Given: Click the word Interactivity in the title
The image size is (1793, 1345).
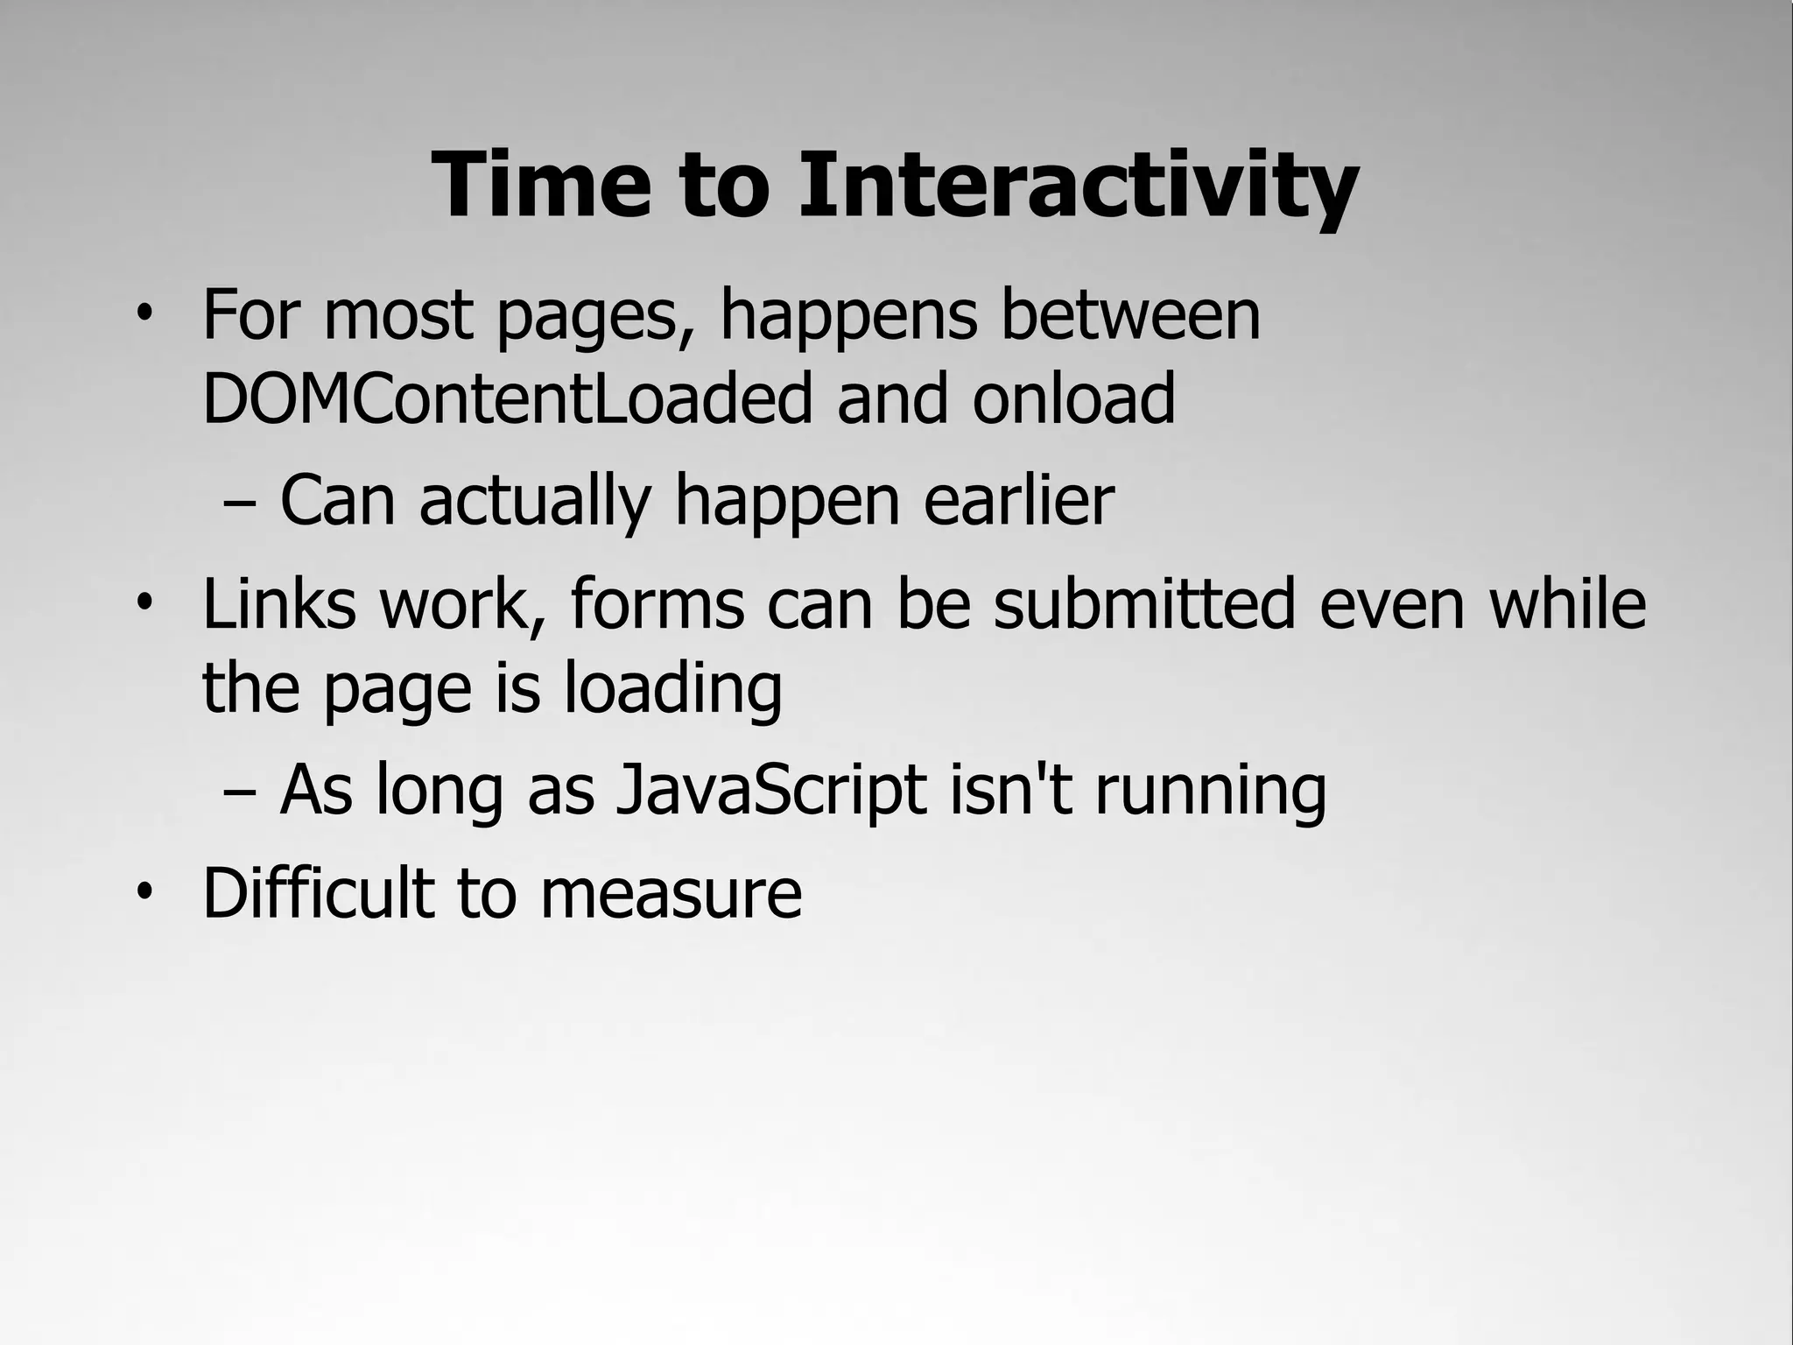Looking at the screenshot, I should (1078, 186).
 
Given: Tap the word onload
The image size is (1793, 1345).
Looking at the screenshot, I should (1073, 398).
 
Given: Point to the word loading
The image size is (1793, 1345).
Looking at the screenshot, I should (672, 690).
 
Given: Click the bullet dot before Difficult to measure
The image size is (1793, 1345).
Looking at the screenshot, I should (144, 892).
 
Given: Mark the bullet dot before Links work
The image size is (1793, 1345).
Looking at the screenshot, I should (144, 602).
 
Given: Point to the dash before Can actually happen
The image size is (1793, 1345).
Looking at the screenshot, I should (240, 503).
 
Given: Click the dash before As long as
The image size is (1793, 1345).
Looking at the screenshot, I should (240, 792).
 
